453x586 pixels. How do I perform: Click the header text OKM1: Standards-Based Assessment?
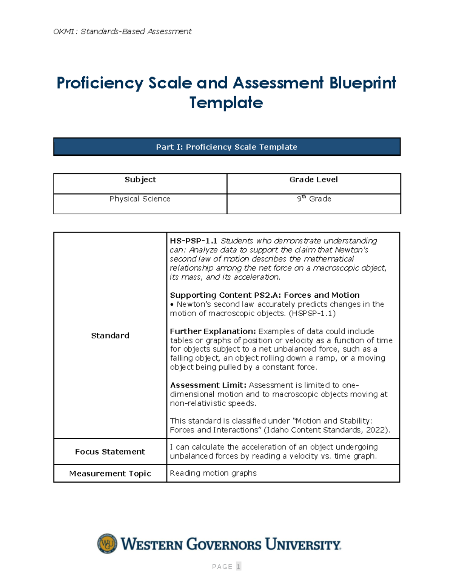[x=122, y=31]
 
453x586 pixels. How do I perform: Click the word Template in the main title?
[x=226, y=103]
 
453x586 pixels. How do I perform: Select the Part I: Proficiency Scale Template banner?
[x=226, y=147]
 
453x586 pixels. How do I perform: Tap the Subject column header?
[x=140, y=180]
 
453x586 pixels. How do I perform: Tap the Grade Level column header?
[x=313, y=180]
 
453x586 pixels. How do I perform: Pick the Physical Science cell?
[x=140, y=199]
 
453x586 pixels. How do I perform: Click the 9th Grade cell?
[x=314, y=199]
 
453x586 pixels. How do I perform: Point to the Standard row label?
[x=110, y=335]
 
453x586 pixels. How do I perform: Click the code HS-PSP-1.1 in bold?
[x=193, y=241]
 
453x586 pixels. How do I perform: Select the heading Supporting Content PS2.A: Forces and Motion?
[x=264, y=295]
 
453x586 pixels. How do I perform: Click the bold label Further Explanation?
[x=213, y=331]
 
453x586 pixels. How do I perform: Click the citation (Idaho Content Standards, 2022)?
[x=327, y=430]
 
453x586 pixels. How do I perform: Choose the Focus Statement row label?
[x=110, y=452]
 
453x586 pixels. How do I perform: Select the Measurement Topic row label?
[x=110, y=474]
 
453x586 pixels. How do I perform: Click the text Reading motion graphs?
[x=213, y=473]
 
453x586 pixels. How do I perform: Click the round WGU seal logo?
[x=107, y=544]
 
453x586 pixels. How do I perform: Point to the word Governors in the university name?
[x=223, y=544]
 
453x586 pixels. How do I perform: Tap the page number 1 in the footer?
[x=238, y=566]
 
